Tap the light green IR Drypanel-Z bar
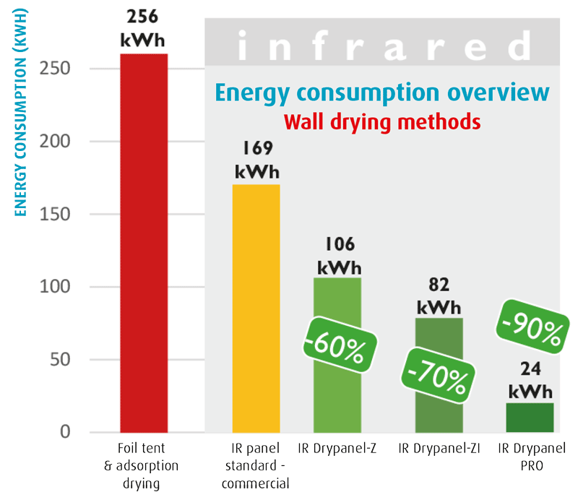(x=337, y=390)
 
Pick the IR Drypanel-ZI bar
(x=438, y=405)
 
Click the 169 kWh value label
(x=256, y=161)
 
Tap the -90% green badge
(x=530, y=328)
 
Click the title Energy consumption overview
(x=383, y=93)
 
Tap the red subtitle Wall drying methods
(x=383, y=121)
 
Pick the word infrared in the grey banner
(x=383, y=49)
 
